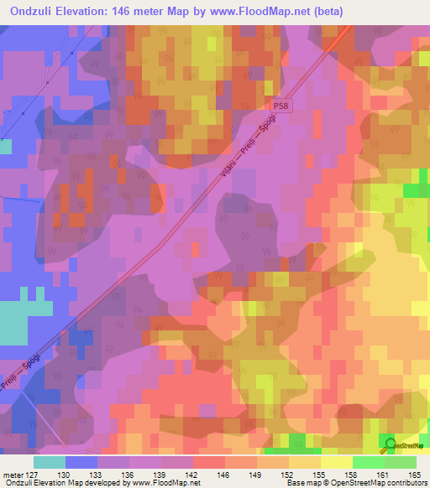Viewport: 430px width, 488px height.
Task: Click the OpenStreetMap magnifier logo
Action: pyautogui.click(x=390, y=444)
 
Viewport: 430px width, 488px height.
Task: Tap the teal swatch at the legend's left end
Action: pyautogui.click(x=50, y=462)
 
